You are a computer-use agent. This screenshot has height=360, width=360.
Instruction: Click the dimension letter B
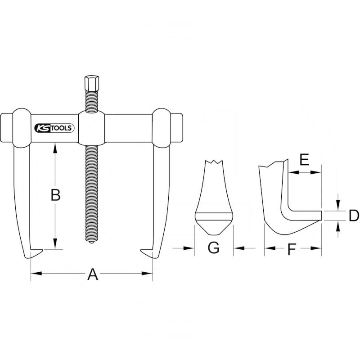(55, 195)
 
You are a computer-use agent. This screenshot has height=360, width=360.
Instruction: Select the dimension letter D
(354, 216)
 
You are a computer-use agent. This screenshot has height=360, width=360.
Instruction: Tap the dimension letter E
(304, 160)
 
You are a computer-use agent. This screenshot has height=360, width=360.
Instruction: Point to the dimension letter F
(292, 250)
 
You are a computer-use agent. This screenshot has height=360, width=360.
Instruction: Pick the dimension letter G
(213, 248)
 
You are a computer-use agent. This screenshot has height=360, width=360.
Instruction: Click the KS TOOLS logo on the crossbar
(54, 128)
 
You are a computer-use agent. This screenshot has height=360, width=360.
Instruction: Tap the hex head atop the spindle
(92, 83)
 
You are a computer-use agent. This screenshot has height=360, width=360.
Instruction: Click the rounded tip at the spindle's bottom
(92, 243)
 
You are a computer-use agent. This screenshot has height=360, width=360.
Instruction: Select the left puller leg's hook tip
(42, 251)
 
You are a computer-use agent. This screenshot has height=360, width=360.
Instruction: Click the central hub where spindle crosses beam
(92, 128)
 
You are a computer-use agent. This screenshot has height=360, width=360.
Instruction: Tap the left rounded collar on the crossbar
(22, 128)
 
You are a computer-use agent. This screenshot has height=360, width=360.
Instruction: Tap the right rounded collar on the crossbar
(162, 128)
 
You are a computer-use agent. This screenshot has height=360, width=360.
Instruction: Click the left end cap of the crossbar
(6, 128)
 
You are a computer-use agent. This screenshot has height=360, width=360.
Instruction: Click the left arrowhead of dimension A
(36, 273)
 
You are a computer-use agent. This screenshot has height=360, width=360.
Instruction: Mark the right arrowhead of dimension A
(147, 273)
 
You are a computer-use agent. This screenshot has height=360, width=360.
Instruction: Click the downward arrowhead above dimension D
(337, 206)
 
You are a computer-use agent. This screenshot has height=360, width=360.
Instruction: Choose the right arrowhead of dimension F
(316, 248)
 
